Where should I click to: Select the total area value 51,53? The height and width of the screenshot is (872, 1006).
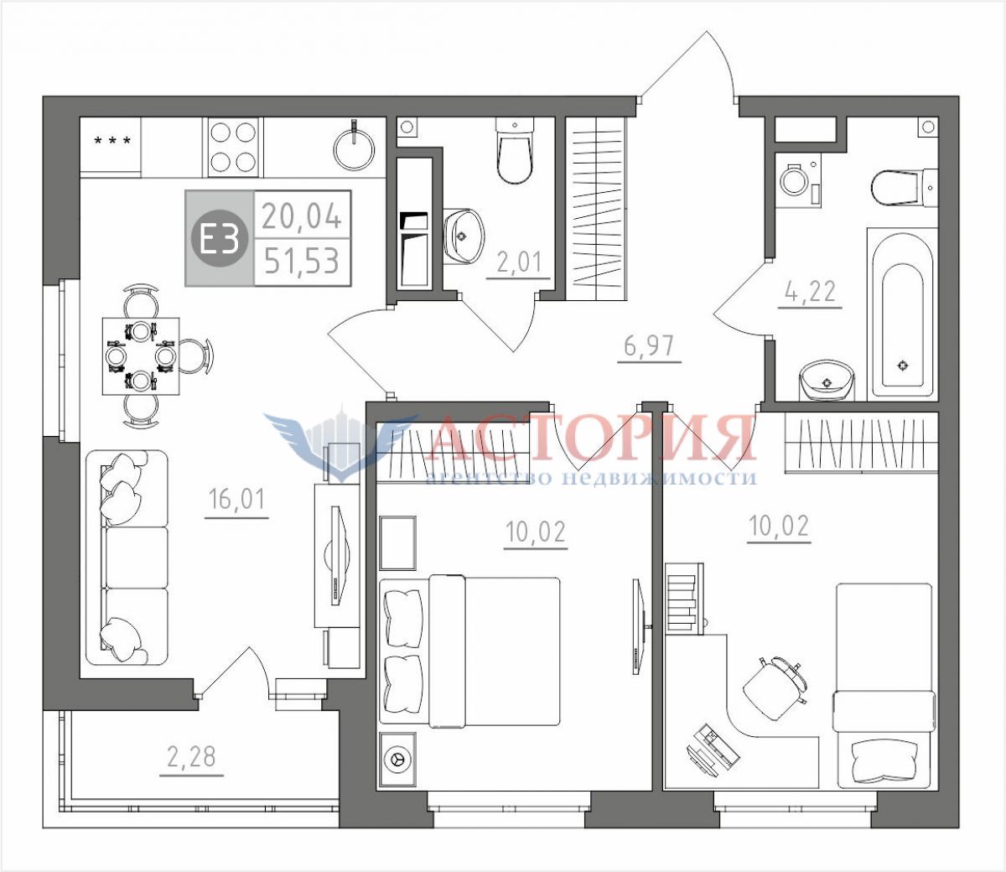point(302,261)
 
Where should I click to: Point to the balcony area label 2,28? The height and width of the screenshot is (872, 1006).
point(191,758)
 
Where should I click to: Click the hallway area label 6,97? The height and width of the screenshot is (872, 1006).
point(649,346)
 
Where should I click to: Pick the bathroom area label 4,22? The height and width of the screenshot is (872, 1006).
point(810,291)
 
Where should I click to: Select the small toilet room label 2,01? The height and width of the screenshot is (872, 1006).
point(519,262)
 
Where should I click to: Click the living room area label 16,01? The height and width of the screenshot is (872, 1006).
point(236,500)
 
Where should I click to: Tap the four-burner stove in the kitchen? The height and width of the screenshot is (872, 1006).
point(234,147)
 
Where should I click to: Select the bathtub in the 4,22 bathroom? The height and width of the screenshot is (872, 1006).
point(902,314)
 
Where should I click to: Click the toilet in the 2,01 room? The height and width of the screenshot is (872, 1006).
point(515,151)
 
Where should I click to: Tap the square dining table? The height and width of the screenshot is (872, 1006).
point(141,356)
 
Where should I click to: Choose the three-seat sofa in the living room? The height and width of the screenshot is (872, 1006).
point(127,558)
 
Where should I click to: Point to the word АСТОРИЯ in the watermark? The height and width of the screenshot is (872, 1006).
point(593,439)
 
